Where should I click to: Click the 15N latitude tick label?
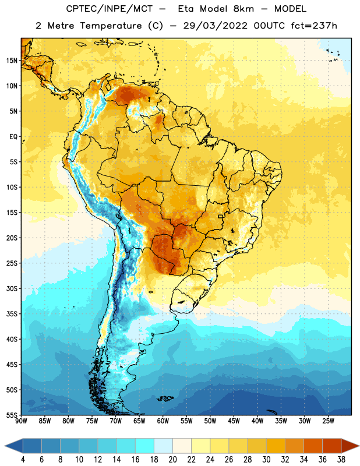11,61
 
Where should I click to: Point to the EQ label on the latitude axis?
13,137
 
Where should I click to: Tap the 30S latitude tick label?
12,288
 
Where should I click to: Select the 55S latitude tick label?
12,415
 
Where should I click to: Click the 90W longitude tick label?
21,421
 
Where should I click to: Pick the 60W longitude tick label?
163,421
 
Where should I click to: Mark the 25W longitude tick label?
328,421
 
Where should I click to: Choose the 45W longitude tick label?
234,421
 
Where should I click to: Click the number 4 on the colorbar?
23,460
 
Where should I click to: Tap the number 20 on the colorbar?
172,460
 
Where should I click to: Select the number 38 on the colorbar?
341,460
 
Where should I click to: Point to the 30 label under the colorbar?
266,460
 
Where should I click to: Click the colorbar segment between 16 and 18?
144,446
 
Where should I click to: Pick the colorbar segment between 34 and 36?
313,446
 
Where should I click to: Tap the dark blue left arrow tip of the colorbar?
5,446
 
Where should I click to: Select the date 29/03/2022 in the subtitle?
215,26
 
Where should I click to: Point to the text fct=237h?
314,26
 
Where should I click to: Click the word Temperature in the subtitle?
111,26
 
